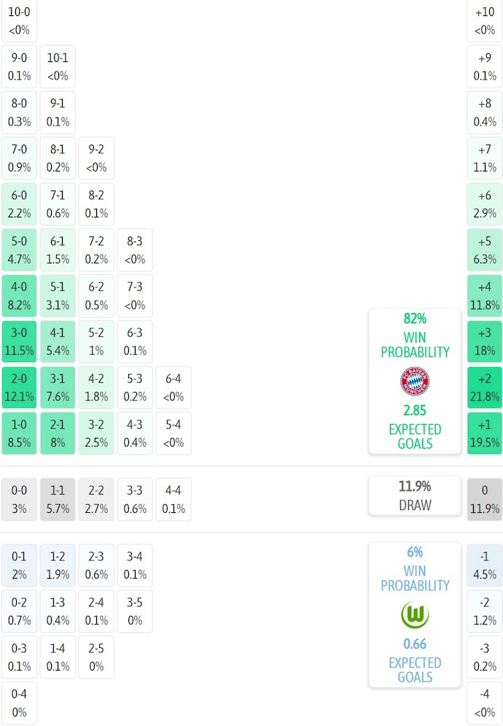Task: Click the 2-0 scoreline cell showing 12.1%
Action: point(20,387)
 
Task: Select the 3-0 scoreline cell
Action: point(20,341)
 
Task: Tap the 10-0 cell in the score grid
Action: point(20,20)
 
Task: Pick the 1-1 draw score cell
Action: point(58,500)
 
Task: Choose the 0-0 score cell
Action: point(20,500)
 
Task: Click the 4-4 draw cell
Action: point(173,500)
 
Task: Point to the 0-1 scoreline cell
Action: point(20,565)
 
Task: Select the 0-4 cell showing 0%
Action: point(20,703)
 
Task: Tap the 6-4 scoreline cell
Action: point(173,387)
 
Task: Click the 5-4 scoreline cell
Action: point(173,433)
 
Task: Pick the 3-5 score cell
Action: point(134,611)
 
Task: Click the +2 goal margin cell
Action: point(485,387)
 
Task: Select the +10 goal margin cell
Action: point(485,20)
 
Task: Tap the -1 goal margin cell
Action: point(485,565)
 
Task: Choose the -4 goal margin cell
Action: point(485,703)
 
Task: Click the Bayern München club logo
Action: point(415,382)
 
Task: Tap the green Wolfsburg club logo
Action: point(415,615)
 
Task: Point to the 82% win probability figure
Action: point(415,319)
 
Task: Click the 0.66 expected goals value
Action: point(415,644)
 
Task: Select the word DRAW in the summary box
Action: point(415,505)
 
